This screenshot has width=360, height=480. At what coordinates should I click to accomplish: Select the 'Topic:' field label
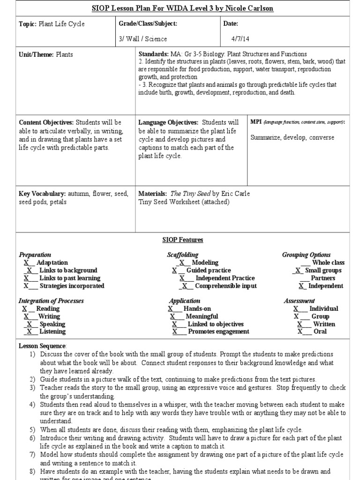[x=27, y=23]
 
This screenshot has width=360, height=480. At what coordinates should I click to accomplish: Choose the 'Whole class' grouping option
[x=328, y=262]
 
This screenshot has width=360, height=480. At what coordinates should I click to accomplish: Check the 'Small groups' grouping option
[x=323, y=270]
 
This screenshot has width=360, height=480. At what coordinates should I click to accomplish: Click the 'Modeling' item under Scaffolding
[x=205, y=262]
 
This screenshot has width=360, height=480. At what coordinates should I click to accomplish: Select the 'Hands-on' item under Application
[x=197, y=308]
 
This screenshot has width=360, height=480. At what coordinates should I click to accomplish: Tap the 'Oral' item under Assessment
[x=320, y=331]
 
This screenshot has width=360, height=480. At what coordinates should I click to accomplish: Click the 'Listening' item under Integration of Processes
[x=52, y=331]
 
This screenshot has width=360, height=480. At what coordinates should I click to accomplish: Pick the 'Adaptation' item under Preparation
[x=52, y=262]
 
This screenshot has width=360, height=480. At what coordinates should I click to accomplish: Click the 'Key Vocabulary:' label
[x=42, y=194]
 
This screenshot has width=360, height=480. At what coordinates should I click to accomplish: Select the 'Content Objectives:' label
[x=46, y=122]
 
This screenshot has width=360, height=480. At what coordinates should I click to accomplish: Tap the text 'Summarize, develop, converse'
[x=292, y=137]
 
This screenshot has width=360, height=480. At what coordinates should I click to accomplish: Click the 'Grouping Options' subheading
[x=306, y=255]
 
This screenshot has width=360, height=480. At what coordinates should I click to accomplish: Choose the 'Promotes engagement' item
[x=218, y=331]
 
